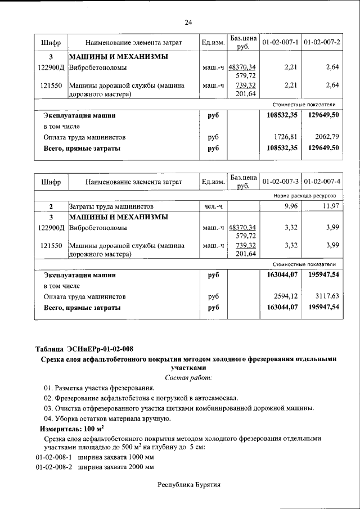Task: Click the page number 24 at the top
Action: click(188, 22)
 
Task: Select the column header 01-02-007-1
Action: click(280, 43)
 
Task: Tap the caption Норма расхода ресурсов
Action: click(304, 197)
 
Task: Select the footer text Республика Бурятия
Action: click(188, 484)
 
